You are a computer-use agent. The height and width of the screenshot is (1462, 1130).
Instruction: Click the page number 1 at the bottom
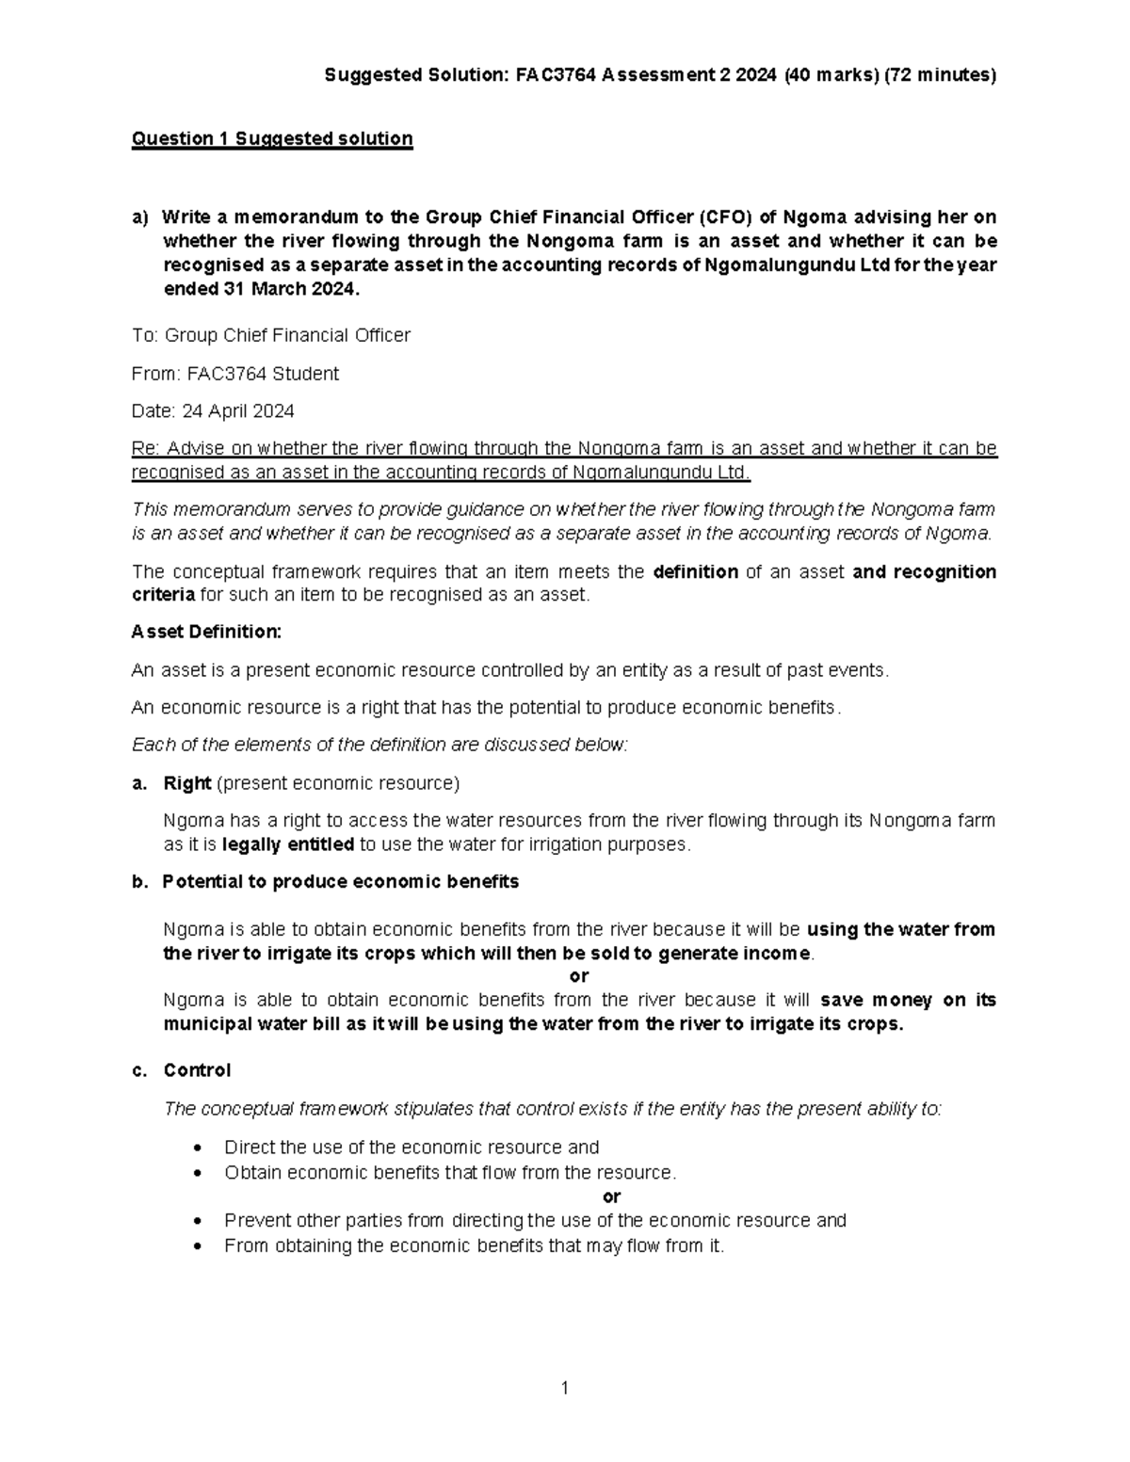pyautogui.click(x=564, y=1388)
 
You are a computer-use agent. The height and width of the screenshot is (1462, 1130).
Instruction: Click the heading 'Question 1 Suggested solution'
pyautogui.click(x=272, y=139)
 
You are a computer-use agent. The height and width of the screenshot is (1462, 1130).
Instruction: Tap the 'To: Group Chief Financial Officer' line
pyautogui.click(x=271, y=335)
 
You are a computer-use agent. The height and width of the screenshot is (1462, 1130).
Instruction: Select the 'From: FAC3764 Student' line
pyautogui.click(x=234, y=374)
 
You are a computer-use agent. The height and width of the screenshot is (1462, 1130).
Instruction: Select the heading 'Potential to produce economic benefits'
pyautogui.click(x=340, y=882)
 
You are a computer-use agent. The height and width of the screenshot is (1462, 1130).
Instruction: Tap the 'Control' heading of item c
pyautogui.click(x=197, y=1070)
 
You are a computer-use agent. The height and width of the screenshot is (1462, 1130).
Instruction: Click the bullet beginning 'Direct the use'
pyautogui.click(x=412, y=1147)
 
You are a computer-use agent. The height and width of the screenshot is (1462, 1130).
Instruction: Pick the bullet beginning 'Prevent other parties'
pyautogui.click(x=535, y=1220)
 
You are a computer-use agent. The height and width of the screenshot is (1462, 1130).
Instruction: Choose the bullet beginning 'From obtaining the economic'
pyautogui.click(x=475, y=1245)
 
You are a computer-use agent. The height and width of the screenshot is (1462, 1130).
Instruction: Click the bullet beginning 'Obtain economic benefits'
pyautogui.click(x=450, y=1172)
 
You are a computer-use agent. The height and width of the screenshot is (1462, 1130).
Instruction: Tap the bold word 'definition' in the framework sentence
pyautogui.click(x=695, y=571)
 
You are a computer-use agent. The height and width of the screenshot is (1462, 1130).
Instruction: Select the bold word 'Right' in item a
pyautogui.click(x=186, y=783)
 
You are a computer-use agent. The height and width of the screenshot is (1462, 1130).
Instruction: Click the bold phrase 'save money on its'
pyautogui.click(x=908, y=1000)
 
